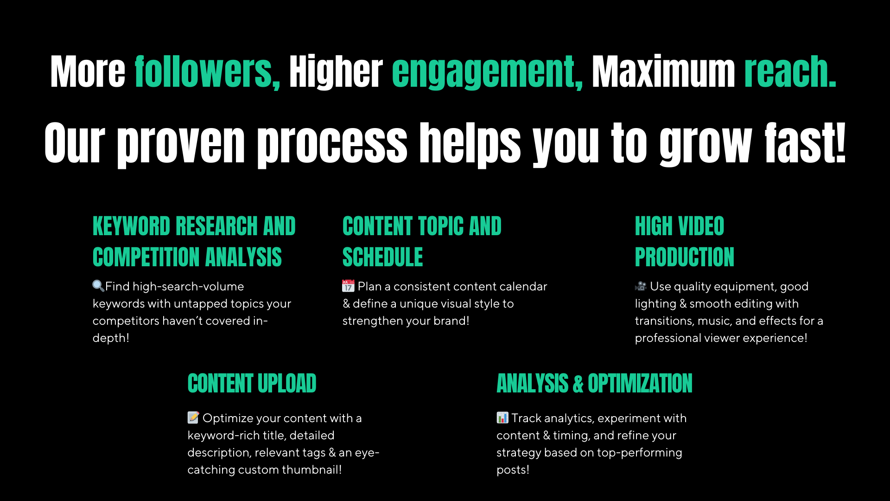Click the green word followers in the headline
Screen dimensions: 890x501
click(207, 72)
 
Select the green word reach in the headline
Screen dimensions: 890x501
click(790, 72)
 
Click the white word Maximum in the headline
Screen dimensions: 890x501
click(663, 72)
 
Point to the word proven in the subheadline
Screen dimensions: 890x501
click(181, 144)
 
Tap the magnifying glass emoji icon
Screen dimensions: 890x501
click(98, 286)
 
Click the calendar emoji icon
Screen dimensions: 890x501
click(348, 286)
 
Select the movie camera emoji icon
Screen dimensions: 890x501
click(641, 286)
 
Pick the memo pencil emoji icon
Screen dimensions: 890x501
click(193, 417)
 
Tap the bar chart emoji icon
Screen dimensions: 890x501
click(502, 417)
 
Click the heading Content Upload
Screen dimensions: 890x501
click(252, 384)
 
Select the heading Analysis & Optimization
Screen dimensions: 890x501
click(594, 384)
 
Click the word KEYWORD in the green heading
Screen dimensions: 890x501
click(132, 226)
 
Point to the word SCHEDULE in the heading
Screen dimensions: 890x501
click(382, 257)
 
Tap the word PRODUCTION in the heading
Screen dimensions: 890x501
click(684, 257)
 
